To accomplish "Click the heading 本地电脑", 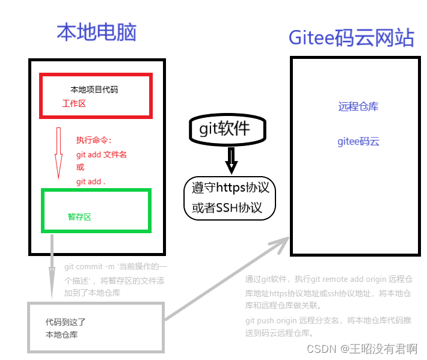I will pyautogui.click(x=96, y=32).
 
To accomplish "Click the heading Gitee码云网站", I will pyautogui.click(x=351, y=37).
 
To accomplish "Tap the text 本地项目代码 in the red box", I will pyautogui.click(x=94, y=90).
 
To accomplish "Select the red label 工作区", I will pyautogui.click(x=74, y=103).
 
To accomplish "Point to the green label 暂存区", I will pyautogui.click(x=79, y=217).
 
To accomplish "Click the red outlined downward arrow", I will pyautogui.click(x=58, y=153).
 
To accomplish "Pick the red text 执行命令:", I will pyautogui.click(x=94, y=140).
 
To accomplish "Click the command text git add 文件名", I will pyautogui.click(x=101, y=154).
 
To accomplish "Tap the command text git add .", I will pyautogui.click(x=91, y=182).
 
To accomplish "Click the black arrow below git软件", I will pyautogui.click(x=231, y=160).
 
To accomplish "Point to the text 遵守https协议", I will pyautogui.click(x=230, y=188).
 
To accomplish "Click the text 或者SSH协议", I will pyautogui.click(x=227, y=208).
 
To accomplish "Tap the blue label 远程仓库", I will pyautogui.click(x=358, y=107).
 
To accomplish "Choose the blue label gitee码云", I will pyautogui.click(x=358, y=142).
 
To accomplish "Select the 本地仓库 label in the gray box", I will pyautogui.click(x=61, y=335).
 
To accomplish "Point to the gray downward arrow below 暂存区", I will pyautogui.click(x=52, y=264).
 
